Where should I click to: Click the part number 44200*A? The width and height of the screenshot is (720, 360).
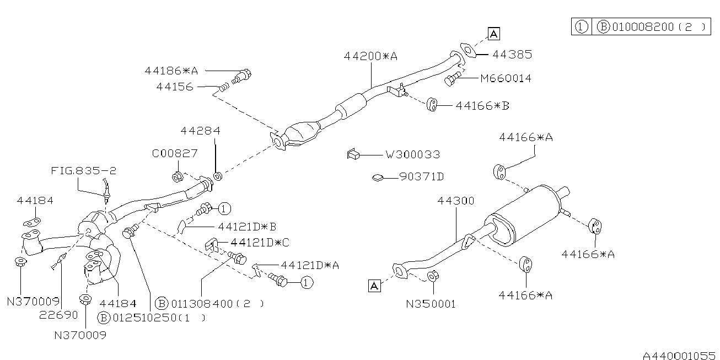[x=370, y=56]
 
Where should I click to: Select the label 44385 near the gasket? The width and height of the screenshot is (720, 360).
[x=512, y=55]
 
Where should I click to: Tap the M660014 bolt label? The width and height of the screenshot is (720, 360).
[x=506, y=78]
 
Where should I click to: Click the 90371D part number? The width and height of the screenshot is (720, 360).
[x=421, y=177]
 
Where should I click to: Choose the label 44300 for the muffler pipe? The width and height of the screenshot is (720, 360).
[x=456, y=201]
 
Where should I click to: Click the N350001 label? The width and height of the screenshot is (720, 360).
[x=432, y=304]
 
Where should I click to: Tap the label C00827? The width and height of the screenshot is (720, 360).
[x=175, y=153]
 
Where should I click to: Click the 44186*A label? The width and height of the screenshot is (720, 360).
[x=171, y=71]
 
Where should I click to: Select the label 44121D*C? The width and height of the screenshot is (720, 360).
[x=260, y=242]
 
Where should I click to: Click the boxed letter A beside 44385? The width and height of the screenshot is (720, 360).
[x=493, y=34]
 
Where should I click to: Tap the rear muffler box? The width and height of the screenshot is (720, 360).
[x=529, y=212]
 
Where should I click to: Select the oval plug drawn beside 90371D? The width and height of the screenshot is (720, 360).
[x=378, y=178]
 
